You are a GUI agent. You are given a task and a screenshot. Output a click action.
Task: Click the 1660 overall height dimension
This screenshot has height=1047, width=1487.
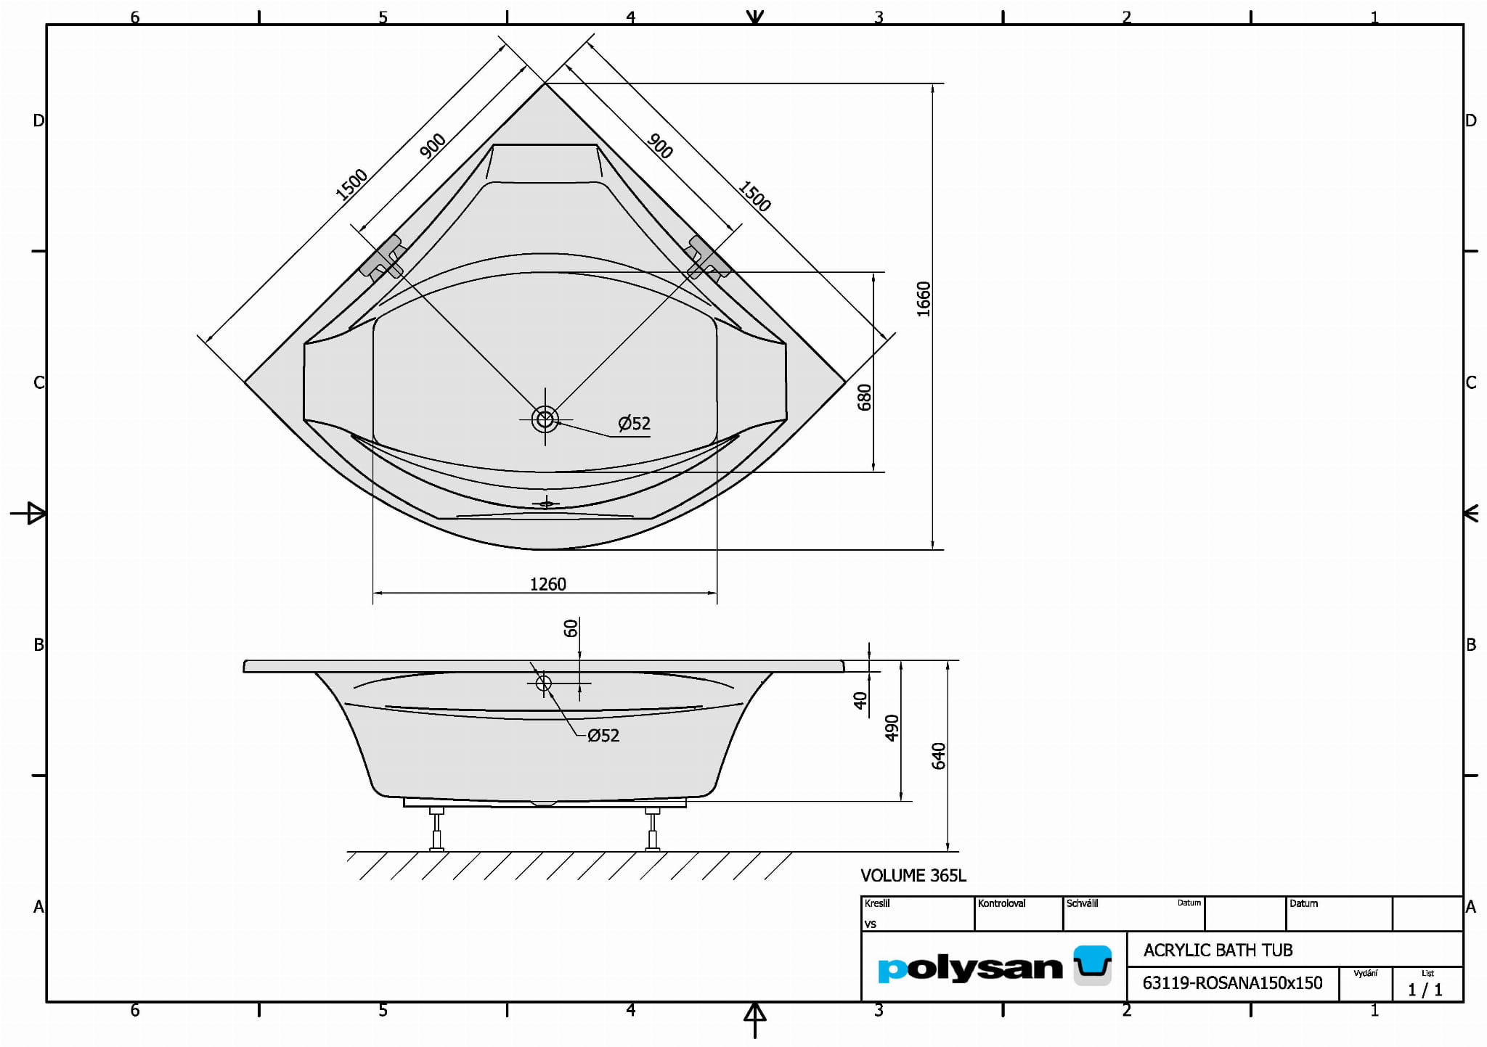click(x=923, y=299)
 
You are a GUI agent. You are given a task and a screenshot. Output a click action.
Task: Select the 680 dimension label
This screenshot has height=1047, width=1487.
click(x=864, y=398)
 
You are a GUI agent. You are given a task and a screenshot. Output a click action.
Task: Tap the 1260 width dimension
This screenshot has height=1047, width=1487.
click(x=547, y=584)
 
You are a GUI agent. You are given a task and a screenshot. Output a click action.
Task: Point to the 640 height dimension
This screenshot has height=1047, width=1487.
click(x=939, y=756)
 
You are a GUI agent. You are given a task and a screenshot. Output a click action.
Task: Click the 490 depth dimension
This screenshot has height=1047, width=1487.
click(x=892, y=728)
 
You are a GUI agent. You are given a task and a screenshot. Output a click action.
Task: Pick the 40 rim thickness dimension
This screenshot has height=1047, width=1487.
click(x=860, y=700)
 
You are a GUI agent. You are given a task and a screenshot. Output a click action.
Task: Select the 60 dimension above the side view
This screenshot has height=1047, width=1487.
click(x=571, y=628)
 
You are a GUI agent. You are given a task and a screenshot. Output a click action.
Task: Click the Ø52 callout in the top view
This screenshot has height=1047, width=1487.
click(x=634, y=423)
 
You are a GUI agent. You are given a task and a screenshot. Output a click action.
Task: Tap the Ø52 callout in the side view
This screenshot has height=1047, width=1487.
click(x=603, y=736)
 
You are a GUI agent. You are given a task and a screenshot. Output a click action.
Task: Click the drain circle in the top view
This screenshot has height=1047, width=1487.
click(x=545, y=419)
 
